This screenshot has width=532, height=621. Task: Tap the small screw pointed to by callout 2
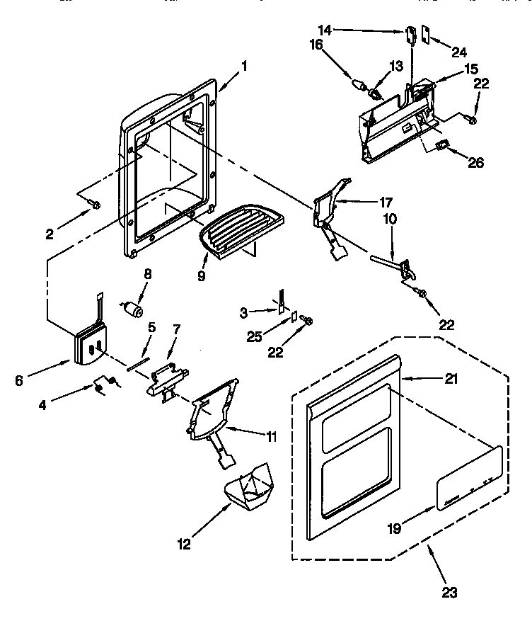(x=95, y=205)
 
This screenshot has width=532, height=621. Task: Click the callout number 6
(x=19, y=380)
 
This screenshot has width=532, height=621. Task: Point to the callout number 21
(x=450, y=380)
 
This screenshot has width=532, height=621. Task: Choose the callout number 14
(x=325, y=30)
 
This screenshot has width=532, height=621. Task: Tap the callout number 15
(x=471, y=69)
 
